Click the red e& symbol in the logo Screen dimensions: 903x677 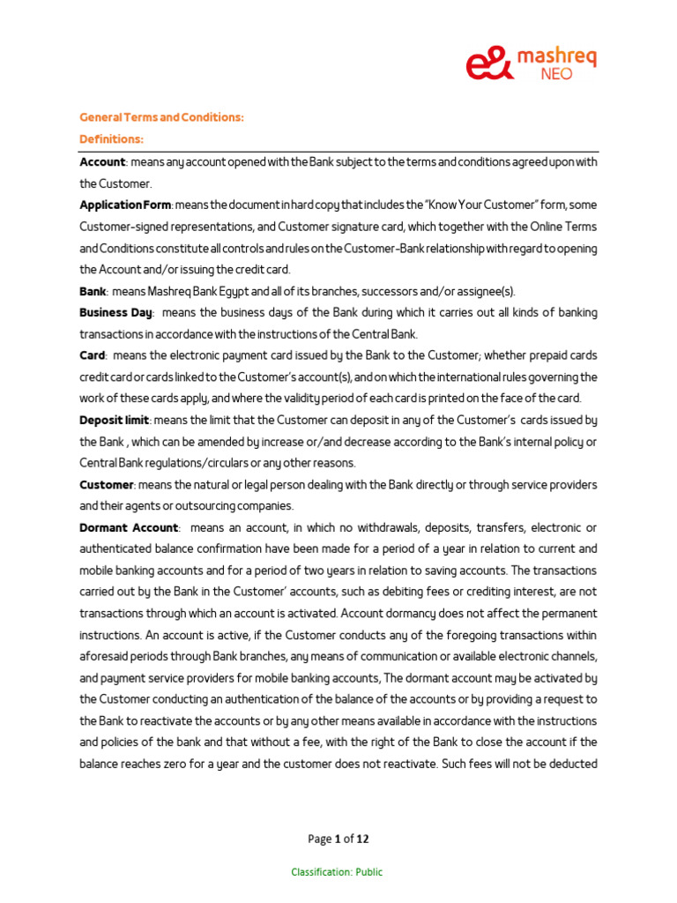[x=487, y=63]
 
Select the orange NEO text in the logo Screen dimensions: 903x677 [x=554, y=74]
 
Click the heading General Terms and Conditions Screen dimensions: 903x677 [x=162, y=116]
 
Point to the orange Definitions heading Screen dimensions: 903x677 [x=112, y=139]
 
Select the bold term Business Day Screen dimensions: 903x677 [x=116, y=312]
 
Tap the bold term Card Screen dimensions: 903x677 [x=92, y=355]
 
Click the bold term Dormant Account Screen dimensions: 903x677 [x=129, y=527]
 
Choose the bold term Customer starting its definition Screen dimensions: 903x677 [x=107, y=484]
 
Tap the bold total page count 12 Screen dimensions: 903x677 [x=362, y=839]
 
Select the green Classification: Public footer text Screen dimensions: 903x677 [x=338, y=872]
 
